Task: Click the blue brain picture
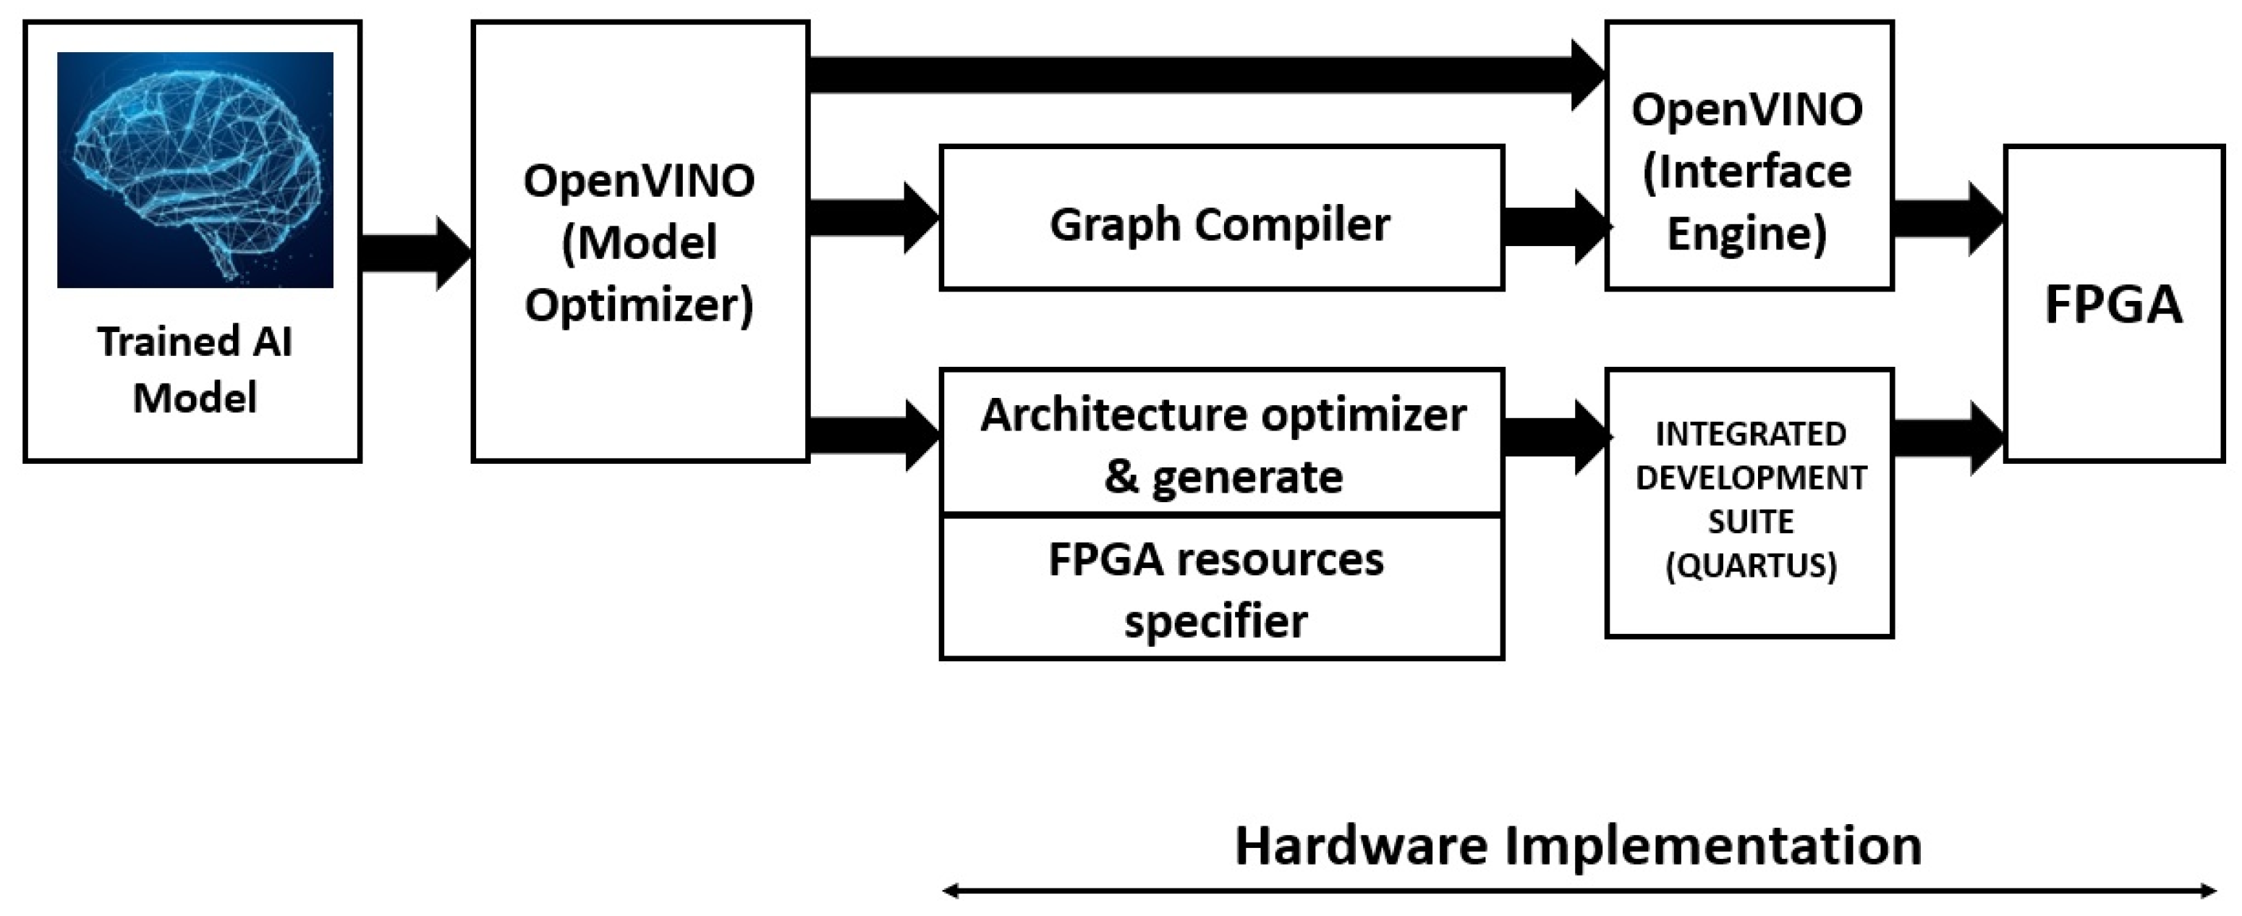tap(195, 170)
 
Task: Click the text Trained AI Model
tap(195, 369)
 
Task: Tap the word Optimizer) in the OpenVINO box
tap(640, 305)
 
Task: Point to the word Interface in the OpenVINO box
tap(1746, 171)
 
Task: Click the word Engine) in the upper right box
tap(1746, 234)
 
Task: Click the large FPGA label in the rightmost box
tap(2113, 305)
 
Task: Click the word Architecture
tap(1114, 415)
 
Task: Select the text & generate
tap(1223, 477)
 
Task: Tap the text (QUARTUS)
tap(1750, 566)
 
